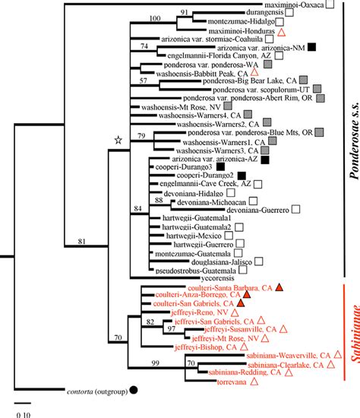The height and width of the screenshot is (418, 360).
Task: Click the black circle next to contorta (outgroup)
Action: [x=134, y=391]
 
